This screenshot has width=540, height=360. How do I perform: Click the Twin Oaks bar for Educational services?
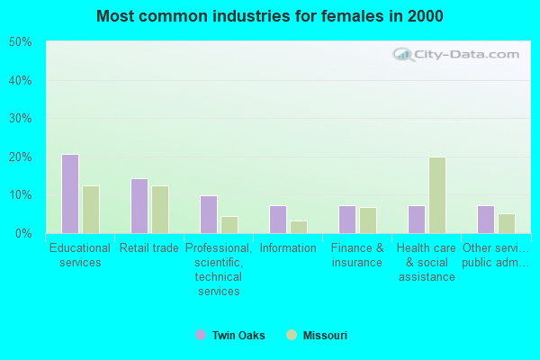tap(69, 193)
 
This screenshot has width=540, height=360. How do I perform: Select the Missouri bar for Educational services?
tap(90, 209)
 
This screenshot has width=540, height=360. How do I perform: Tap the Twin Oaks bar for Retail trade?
tap(139, 205)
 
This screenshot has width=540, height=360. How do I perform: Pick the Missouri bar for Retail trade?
tap(159, 209)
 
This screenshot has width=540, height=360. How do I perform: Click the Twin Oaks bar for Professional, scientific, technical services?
tap(208, 214)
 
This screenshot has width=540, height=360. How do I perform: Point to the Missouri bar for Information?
tap(298, 227)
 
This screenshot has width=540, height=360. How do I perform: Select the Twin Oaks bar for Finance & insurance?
tap(346, 219)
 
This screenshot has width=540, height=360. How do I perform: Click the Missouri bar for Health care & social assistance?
tap(436, 195)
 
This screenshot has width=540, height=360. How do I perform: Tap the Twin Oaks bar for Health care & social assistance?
tap(416, 219)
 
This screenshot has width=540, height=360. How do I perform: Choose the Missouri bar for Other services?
tap(506, 223)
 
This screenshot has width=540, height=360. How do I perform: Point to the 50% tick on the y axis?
tap(20, 42)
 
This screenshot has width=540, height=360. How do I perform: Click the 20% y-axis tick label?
tap(20, 157)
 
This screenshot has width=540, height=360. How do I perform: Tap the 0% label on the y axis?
tap(22, 233)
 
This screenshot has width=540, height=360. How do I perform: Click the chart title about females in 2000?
tap(270, 16)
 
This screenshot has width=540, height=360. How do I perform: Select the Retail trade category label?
tap(149, 247)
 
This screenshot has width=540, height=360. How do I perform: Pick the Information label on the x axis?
tap(288, 247)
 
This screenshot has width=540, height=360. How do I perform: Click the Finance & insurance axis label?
tap(357, 255)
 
